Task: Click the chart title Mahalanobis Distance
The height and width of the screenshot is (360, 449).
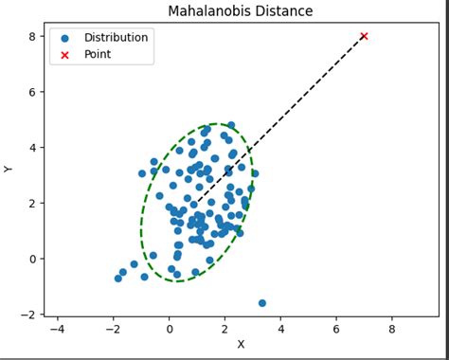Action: click(240, 11)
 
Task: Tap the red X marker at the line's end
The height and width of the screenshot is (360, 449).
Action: click(364, 36)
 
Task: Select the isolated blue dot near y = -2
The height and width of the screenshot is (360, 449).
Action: click(261, 303)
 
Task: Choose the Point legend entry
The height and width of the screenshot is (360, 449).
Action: click(98, 55)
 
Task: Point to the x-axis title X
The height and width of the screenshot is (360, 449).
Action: click(241, 345)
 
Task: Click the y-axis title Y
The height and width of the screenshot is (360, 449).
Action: click(9, 169)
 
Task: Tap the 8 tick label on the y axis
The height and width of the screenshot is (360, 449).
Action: click(32, 36)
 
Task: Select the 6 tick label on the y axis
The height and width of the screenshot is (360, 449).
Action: click(32, 92)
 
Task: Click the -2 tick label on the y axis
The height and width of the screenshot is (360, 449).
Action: click(29, 315)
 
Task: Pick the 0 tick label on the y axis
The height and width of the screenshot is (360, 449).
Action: click(32, 259)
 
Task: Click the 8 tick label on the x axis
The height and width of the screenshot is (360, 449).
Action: click(391, 329)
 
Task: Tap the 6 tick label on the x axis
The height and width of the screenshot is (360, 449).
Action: click(335, 329)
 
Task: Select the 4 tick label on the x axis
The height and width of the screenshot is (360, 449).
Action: click(280, 329)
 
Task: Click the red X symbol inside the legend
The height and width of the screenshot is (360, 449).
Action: click(64, 55)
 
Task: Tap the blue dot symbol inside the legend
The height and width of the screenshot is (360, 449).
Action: click(64, 38)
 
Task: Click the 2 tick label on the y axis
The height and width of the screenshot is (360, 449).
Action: click(32, 203)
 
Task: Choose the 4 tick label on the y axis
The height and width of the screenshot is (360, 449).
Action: click(32, 148)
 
